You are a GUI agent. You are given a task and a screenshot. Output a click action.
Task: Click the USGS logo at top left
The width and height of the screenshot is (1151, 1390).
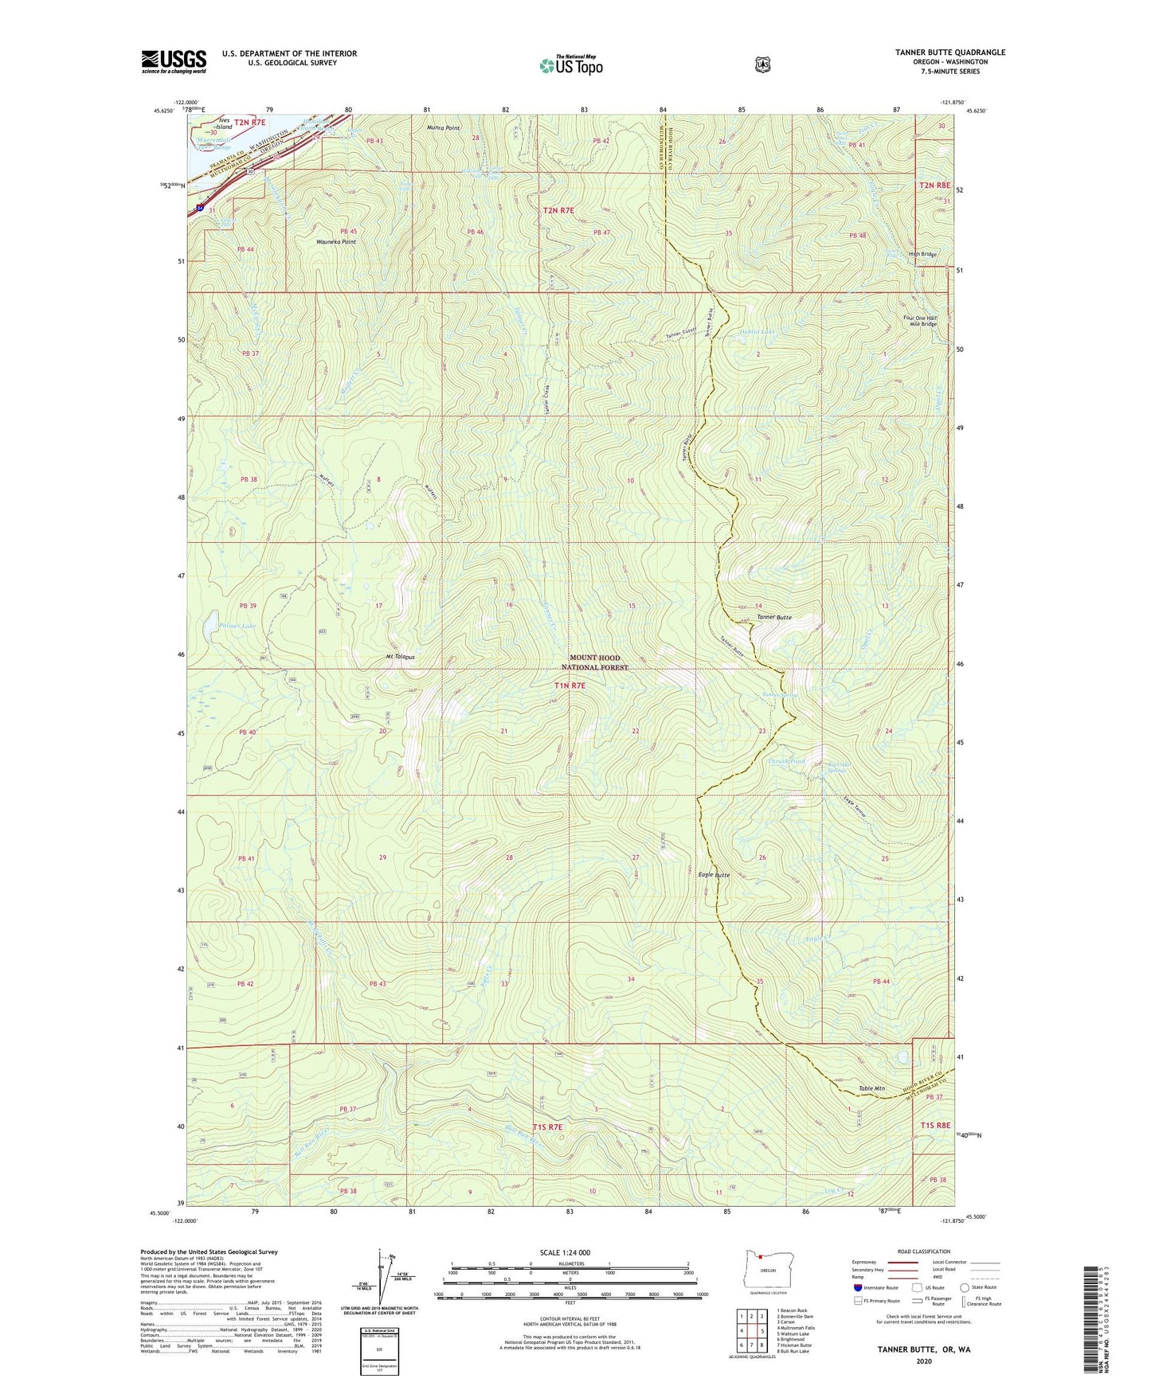(174, 61)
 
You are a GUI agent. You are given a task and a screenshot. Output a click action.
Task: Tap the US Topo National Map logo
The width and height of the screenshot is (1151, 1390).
(570, 65)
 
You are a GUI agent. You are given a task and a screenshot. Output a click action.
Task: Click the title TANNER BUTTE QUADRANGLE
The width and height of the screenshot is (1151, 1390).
(949, 53)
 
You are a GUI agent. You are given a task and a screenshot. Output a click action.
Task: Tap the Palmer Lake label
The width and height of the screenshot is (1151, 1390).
(238, 627)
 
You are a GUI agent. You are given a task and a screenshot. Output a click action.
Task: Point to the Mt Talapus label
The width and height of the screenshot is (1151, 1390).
(400, 657)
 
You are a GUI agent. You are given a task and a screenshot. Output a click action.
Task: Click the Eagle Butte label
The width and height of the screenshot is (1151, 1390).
(713, 875)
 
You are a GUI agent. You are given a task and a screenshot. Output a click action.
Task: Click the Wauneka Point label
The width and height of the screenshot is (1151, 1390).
(336, 241)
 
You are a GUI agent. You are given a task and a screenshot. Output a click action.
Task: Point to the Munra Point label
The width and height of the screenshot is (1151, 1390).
(443, 127)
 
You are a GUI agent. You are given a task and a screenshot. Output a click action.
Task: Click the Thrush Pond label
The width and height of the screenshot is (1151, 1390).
(785, 761)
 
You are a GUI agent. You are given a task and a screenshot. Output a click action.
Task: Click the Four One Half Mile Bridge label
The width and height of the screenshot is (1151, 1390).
(920, 321)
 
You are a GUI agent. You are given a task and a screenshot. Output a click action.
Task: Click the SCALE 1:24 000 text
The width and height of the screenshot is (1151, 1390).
(565, 1252)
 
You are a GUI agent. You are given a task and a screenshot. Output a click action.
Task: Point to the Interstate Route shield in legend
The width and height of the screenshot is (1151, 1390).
(857, 1287)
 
